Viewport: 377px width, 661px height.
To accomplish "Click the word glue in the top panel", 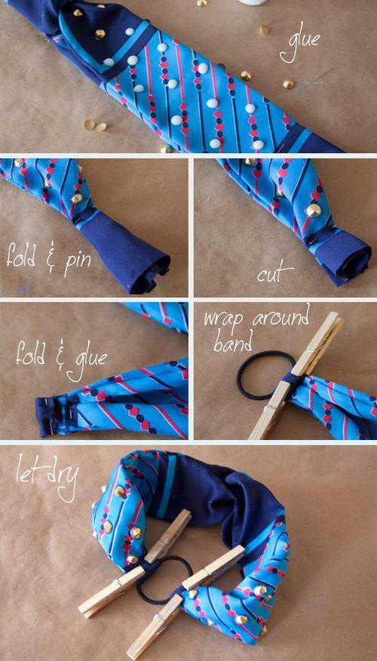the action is [299, 46].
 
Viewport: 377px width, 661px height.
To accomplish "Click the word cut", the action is [275, 274].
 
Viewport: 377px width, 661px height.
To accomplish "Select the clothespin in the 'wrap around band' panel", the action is [295, 375].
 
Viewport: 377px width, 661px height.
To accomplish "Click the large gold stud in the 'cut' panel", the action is [314, 210].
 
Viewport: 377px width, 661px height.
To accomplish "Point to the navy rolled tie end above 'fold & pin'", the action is [127, 254].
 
